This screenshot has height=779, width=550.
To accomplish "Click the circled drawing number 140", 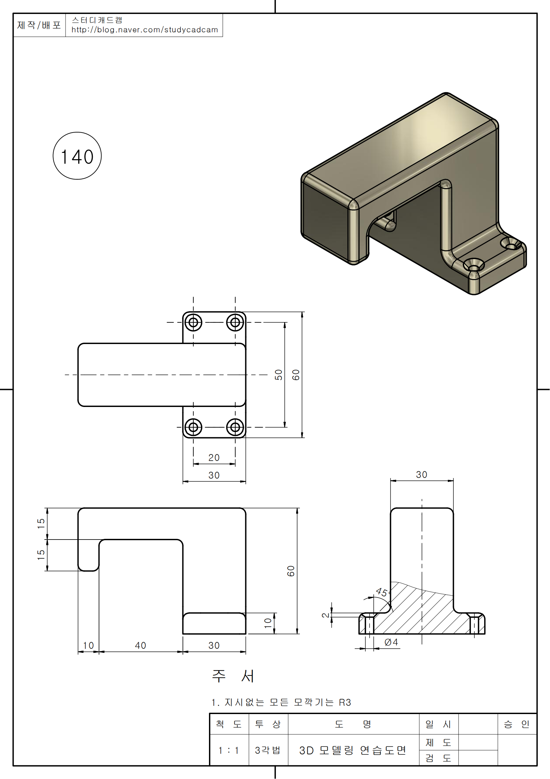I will coord(77,156).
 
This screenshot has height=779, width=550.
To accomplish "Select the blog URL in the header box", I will coord(144,30).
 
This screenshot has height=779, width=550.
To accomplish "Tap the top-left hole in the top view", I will coord(193,322).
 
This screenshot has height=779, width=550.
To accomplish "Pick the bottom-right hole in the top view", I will coord(235,427).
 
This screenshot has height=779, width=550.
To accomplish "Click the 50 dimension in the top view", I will coord(278,375).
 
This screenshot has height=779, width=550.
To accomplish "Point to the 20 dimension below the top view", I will coord(214,458).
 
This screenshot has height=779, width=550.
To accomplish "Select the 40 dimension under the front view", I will coord(140,645).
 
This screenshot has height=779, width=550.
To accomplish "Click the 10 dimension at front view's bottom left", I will coord(88,645).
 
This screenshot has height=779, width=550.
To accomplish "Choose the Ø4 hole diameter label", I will coord(391,642).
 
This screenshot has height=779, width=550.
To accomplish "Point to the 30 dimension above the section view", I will coord(422,475).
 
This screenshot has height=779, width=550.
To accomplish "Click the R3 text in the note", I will coord(345,702).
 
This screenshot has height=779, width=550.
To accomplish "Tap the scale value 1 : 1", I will coord(229,750).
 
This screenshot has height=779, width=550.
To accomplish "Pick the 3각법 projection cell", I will coord(268,750).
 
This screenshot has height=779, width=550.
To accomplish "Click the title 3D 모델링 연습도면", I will coord(352,750).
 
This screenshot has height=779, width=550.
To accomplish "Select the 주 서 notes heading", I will coord(233,676).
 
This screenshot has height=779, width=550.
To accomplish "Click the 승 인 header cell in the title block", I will coord(516,724).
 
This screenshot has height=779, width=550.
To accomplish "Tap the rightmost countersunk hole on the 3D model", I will coord(510,243).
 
